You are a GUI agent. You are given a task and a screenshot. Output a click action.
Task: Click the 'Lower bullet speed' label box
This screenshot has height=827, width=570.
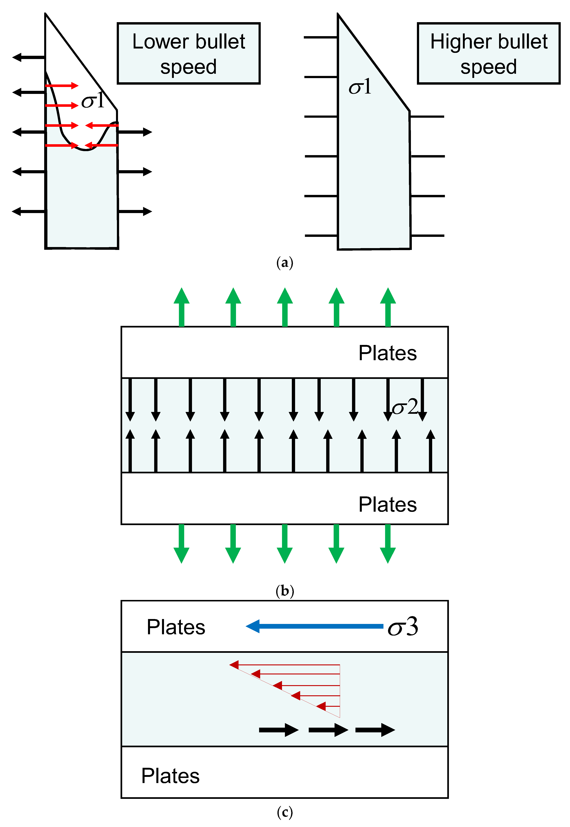pyautogui.click(x=189, y=54)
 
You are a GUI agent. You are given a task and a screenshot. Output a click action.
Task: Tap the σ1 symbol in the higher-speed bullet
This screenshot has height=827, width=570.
pyautogui.click(x=360, y=87)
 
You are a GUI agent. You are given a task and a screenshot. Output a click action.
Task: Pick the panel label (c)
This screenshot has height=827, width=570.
pyautogui.click(x=285, y=812)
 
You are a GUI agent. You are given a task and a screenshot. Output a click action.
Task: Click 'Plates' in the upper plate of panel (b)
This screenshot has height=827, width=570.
pyautogui.click(x=387, y=353)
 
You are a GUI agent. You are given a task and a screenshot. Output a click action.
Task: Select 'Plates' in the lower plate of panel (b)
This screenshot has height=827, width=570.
pyautogui.click(x=387, y=504)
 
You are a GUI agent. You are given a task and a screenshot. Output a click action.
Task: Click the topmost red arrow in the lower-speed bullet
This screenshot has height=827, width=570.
pyautogui.click(x=61, y=86)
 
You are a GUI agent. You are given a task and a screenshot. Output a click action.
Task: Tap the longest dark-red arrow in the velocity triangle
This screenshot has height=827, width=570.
pyautogui.click(x=285, y=665)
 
